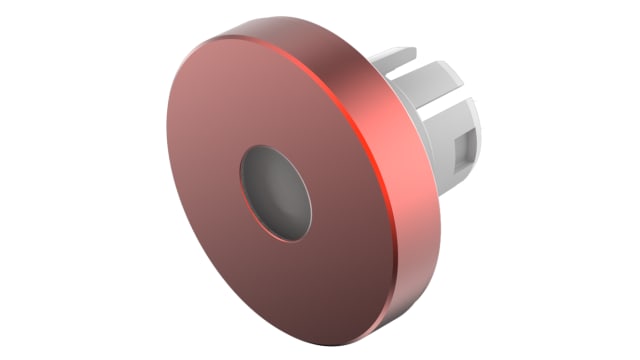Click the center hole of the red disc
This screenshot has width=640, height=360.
point(275,192)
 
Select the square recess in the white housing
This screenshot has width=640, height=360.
point(464,151)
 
